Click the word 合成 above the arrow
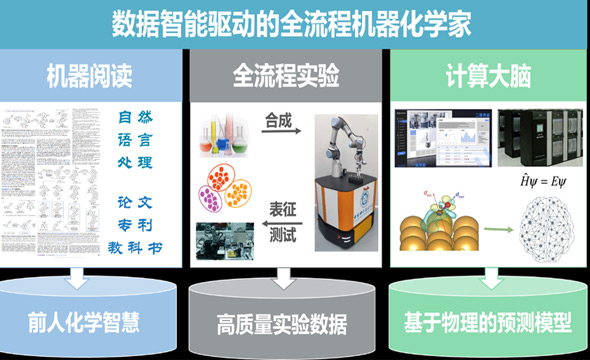click(279, 122)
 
